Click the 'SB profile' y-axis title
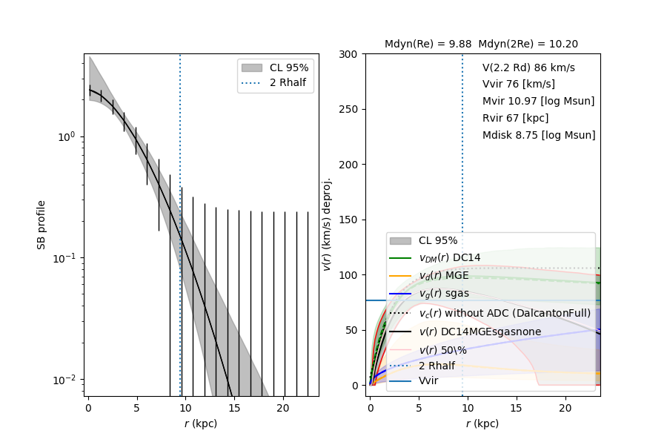point(42,224)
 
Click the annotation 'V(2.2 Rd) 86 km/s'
point(528,67)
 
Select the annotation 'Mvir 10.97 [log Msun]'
point(538,101)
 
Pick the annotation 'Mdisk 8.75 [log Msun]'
point(539,135)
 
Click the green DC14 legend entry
point(449,257)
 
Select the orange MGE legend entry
point(444,276)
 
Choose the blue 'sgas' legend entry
point(443,294)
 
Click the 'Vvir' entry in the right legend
point(428,381)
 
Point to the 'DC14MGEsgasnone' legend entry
point(479,331)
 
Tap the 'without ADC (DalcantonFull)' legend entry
point(504,313)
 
